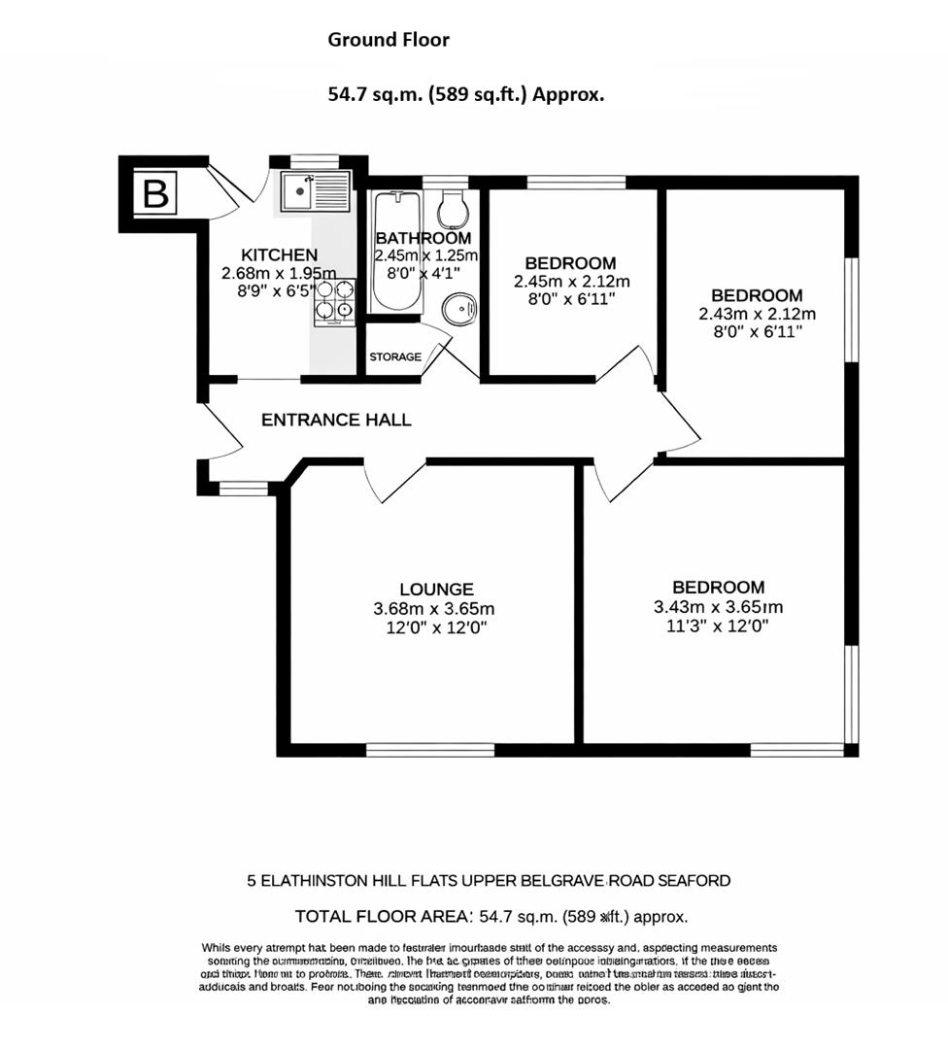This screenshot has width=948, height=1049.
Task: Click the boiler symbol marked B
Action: point(155,194)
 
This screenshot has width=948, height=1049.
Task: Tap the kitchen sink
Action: point(314,191)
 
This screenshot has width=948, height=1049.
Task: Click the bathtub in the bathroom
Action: point(396,251)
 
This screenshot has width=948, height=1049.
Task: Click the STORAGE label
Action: point(395,357)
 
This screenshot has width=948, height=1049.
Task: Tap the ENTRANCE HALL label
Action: point(336,421)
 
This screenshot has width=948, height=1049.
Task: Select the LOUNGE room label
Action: point(436,589)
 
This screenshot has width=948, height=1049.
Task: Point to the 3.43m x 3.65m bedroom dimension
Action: point(718,608)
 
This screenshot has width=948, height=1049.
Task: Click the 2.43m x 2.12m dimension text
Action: point(757,314)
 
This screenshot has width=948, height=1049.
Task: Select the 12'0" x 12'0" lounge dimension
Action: point(436,628)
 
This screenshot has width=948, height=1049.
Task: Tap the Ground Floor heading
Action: point(389,40)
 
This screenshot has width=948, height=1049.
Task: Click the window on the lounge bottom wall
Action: point(430,749)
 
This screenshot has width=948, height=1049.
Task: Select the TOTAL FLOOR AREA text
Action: point(383,916)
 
